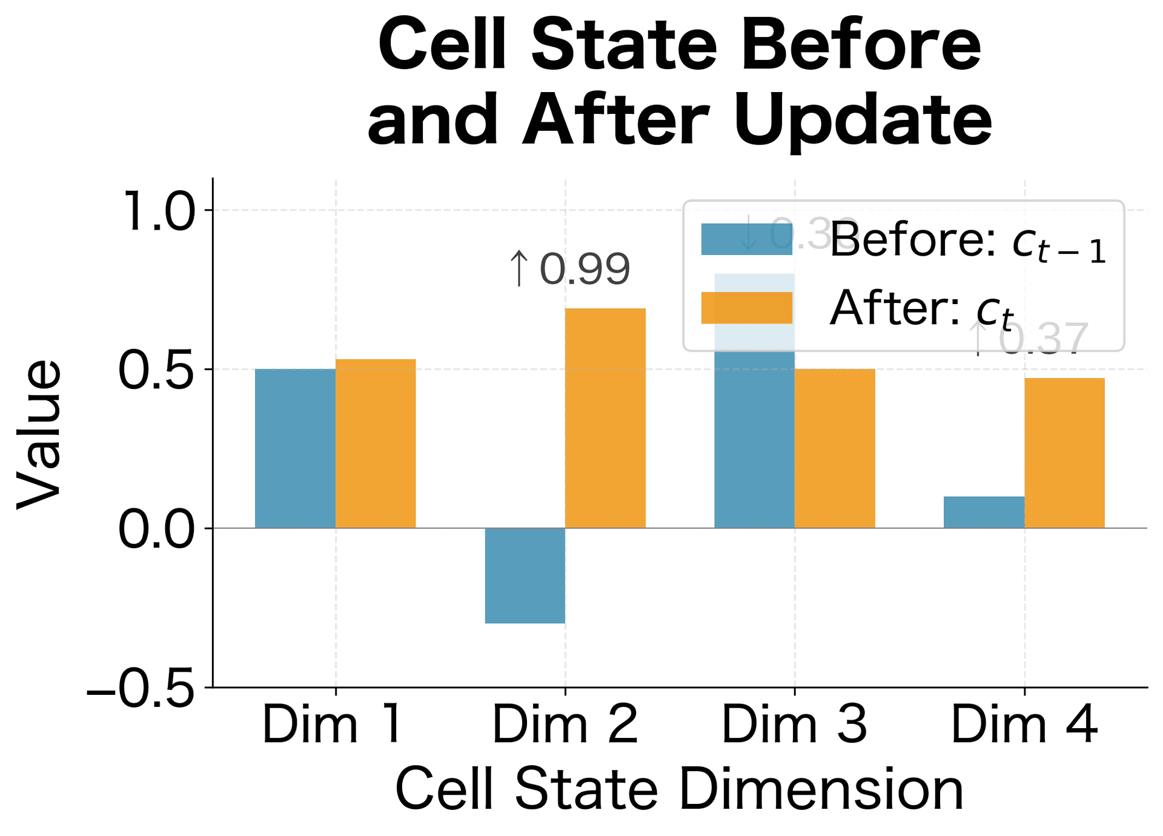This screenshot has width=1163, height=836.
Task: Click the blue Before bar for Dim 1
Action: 295,448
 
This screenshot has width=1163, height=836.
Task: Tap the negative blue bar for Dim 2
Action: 525,576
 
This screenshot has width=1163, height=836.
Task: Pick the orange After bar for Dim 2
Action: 605,418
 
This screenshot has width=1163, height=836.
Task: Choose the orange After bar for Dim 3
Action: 835,448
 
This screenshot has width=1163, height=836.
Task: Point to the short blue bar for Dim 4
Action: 984,513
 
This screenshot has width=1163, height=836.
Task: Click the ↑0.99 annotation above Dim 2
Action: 569,269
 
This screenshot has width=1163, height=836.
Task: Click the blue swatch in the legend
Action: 746,239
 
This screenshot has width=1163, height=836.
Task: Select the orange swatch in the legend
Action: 746,308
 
